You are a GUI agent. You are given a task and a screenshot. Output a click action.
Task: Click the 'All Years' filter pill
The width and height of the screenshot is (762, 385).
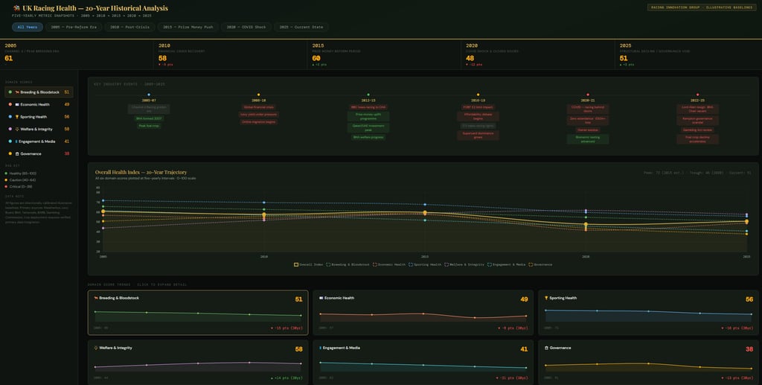(28, 27)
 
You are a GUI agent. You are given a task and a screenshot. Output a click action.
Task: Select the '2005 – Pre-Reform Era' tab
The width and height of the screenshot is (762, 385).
(74, 27)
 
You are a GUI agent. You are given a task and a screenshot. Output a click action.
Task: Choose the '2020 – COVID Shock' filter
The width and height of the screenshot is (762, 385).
(245, 27)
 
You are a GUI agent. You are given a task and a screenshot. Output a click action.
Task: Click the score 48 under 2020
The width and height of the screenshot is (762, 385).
(470, 58)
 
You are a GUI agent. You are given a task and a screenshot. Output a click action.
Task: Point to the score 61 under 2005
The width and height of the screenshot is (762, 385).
(8, 58)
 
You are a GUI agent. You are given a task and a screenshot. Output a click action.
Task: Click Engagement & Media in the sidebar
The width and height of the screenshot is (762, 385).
(39, 141)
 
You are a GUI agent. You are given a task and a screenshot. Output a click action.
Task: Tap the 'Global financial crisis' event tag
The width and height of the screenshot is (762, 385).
(258, 107)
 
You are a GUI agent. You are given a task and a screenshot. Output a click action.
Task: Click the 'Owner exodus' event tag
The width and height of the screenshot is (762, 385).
(588, 130)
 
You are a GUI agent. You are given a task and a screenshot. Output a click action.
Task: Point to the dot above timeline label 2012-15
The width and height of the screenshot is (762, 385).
(368, 95)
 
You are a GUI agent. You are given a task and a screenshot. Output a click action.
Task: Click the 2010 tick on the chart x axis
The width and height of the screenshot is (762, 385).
(264, 256)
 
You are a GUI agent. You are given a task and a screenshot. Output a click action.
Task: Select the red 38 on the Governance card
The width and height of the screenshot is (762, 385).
(749, 349)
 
